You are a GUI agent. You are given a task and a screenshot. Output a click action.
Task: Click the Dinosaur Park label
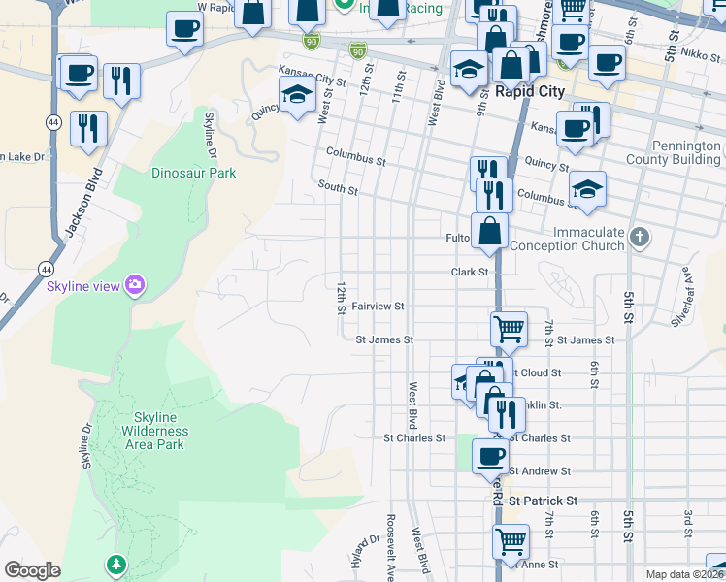(x=193, y=174)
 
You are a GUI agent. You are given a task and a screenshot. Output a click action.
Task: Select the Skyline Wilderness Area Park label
(x=154, y=431)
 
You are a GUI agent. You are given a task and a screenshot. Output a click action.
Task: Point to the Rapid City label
(x=529, y=92)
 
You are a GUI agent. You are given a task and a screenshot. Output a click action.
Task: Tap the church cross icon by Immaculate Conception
(x=639, y=238)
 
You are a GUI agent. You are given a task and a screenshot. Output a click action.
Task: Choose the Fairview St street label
(x=378, y=306)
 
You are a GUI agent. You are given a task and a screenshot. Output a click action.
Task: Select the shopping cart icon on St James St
(x=509, y=329)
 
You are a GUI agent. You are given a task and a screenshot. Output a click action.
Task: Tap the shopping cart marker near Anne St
(x=511, y=541)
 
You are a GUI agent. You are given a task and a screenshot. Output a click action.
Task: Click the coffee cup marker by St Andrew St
(x=490, y=455)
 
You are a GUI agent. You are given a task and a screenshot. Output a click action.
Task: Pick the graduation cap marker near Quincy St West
(x=297, y=95)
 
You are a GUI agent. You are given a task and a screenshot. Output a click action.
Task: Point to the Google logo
(x=32, y=570)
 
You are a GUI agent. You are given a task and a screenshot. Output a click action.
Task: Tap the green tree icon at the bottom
(x=117, y=564)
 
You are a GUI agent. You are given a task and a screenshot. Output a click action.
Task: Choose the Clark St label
(x=470, y=273)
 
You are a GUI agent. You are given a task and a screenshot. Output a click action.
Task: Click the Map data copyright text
(x=684, y=574)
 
